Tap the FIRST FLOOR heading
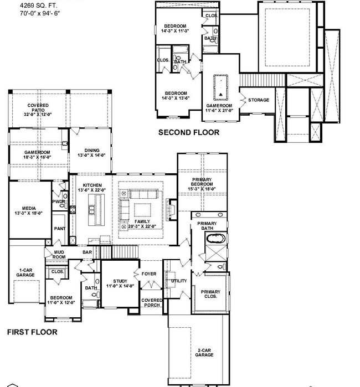(32, 333)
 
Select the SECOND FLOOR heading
(189, 132)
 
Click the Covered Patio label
(38, 110)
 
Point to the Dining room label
(92, 153)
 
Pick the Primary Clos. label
(210, 295)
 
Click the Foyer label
(149, 274)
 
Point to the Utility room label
(179, 281)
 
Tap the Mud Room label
(59, 255)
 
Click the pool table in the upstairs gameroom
(220, 85)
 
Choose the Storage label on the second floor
(258, 100)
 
